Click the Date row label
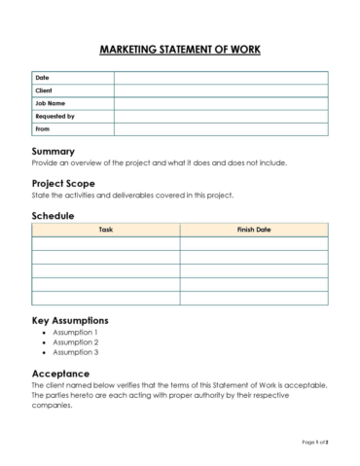(42, 78)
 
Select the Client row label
(44, 90)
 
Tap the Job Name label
(50, 103)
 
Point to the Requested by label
(54, 116)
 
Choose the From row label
(42, 128)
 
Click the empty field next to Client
(221, 90)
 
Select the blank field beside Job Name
(221, 103)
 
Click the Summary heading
(54, 152)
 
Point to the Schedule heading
(54, 215)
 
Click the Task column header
(105, 231)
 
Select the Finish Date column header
(254, 231)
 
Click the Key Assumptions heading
(70, 320)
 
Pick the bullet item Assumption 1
(75, 332)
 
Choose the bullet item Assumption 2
(75, 342)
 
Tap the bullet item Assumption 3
(75, 353)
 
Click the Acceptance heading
(61, 374)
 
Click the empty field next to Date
(221, 78)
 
